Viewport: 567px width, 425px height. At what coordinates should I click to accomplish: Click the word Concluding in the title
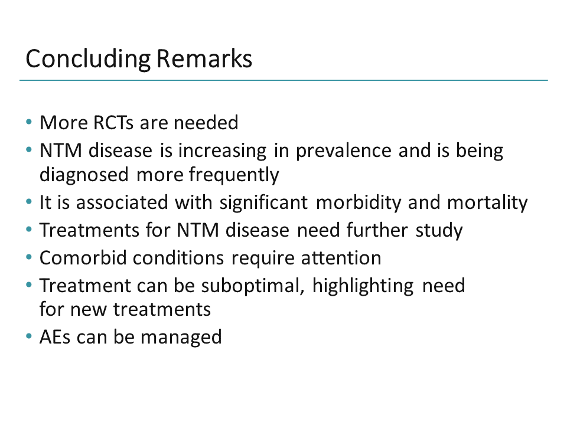point(89,60)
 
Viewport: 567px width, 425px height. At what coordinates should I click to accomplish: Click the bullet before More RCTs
point(29,123)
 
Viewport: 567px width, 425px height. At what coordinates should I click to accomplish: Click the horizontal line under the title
point(283,80)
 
